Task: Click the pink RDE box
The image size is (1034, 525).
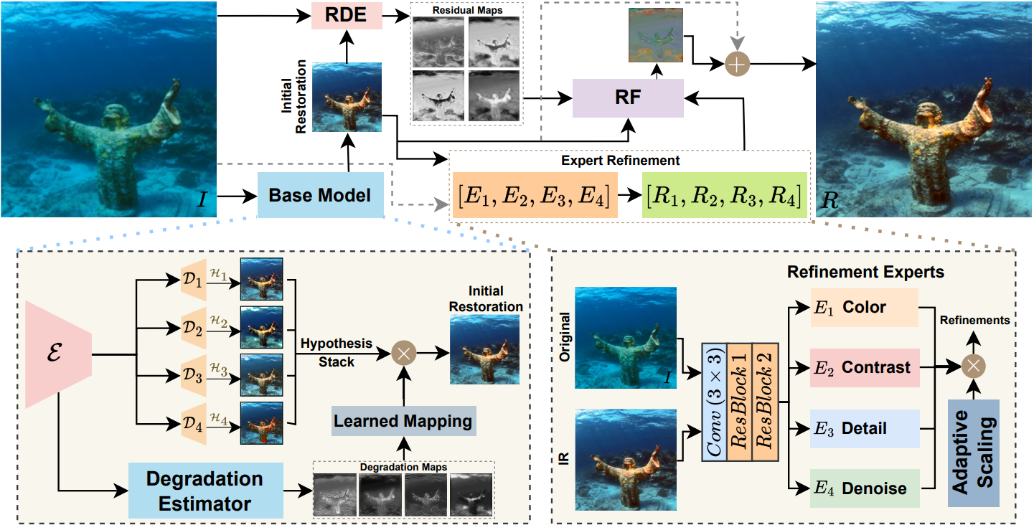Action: tap(347, 16)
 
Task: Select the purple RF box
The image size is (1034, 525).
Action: tap(628, 98)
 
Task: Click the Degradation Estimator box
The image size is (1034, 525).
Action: tap(205, 491)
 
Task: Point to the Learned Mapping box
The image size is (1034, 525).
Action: tap(403, 420)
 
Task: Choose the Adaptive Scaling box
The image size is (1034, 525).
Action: tap(973, 453)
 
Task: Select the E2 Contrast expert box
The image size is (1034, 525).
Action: tap(864, 368)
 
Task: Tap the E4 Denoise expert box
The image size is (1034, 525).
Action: tap(864, 489)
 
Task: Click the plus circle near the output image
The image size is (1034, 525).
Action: tap(738, 64)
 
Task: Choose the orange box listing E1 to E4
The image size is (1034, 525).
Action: tap(534, 195)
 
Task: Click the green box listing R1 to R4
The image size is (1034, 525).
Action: tap(725, 195)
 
